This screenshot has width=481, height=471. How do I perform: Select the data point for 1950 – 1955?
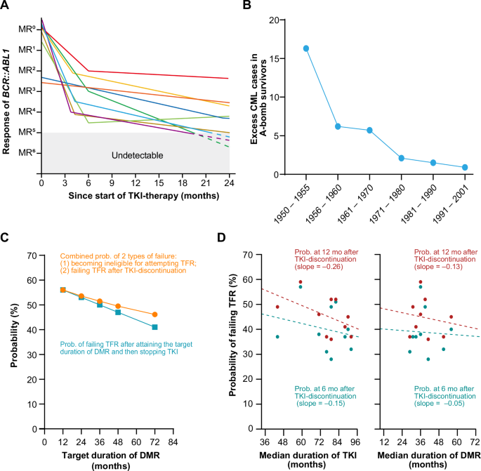click(306, 48)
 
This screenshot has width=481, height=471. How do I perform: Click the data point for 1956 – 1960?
click(338, 126)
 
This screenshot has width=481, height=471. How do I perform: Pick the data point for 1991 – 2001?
click(465, 167)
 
